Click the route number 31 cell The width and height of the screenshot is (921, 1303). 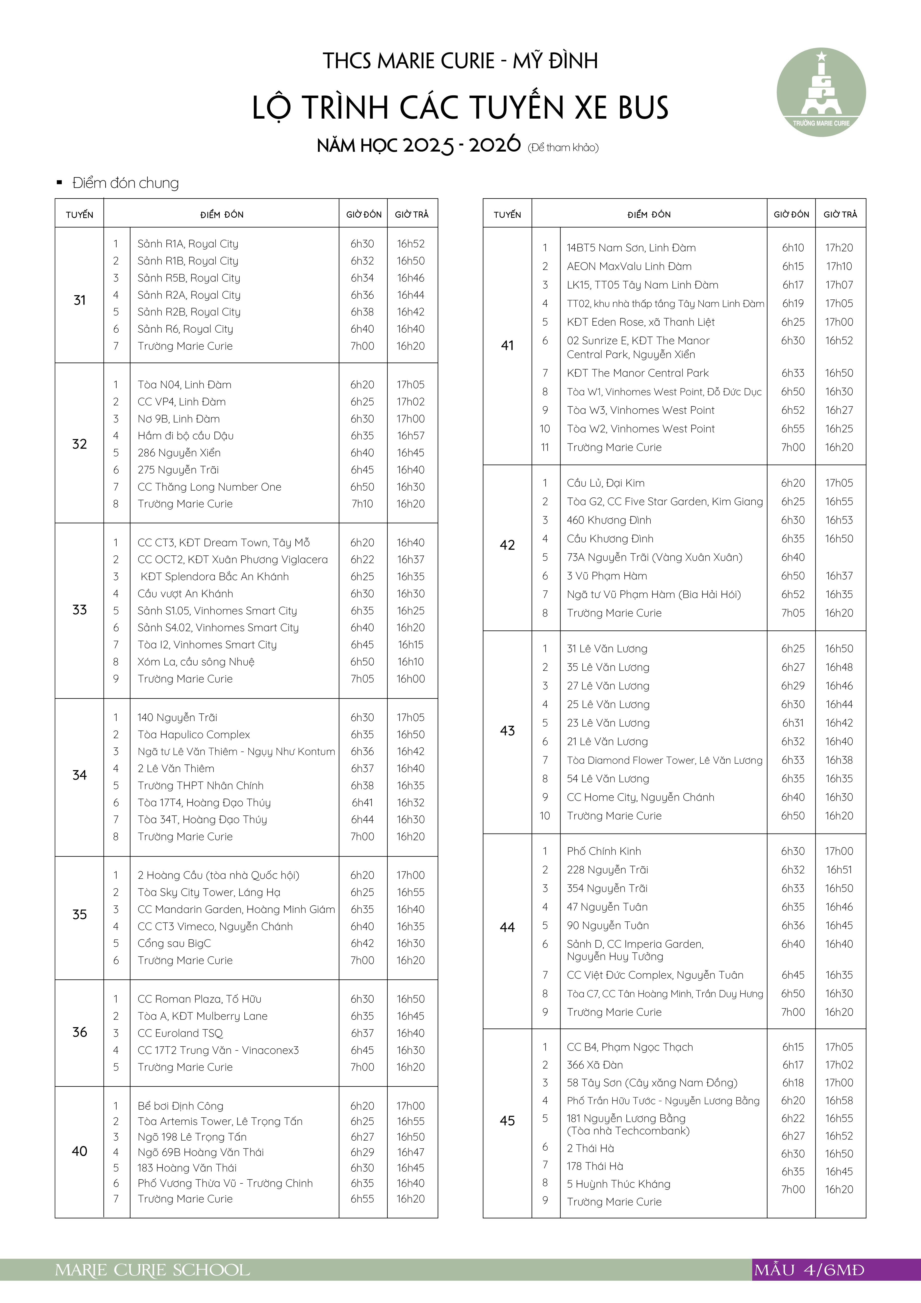(79, 300)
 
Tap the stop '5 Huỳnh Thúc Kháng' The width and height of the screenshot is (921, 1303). (618, 1184)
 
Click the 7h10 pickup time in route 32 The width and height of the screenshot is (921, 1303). (362, 504)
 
